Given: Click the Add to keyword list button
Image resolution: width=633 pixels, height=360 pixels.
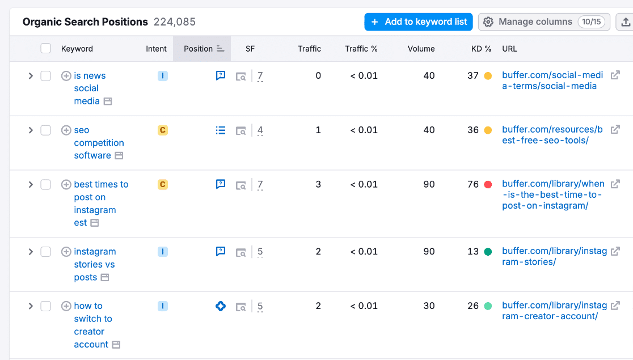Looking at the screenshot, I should [x=418, y=22].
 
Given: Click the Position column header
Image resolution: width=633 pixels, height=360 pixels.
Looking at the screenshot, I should [x=198, y=49].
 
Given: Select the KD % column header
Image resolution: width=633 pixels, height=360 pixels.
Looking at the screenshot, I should [x=481, y=49].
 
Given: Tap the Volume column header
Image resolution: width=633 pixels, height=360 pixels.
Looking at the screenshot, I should [x=421, y=49].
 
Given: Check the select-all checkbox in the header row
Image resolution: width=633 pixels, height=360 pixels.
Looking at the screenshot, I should [x=46, y=48].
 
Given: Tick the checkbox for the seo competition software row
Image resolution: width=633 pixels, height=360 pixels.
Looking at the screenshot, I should [x=46, y=130].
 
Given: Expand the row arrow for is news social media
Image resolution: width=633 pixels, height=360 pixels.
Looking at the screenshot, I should [x=31, y=76].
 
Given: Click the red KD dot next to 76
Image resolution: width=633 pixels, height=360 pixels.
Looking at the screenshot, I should [x=488, y=185].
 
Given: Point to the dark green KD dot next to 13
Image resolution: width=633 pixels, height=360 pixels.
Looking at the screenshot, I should [x=488, y=252].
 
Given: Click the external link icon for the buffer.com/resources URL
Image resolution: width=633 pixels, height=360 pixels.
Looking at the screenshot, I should [x=615, y=129].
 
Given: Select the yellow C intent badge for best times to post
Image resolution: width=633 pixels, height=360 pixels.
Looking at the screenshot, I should [x=163, y=184].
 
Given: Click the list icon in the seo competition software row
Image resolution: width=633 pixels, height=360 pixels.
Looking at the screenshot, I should [x=221, y=130].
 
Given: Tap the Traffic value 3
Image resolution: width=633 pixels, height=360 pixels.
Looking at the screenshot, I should [x=318, y=184].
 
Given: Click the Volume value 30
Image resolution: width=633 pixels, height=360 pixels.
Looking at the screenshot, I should [x=429, y=306].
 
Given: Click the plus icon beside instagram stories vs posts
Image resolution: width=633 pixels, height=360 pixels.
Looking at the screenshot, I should [x=66, y=252].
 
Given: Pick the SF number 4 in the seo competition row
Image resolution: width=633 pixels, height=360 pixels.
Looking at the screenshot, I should [x=260, y=130].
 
